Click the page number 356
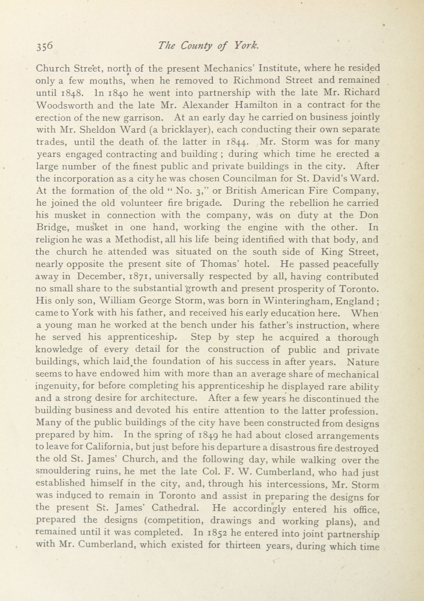tap(45, 47)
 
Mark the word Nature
tap(363, 362)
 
